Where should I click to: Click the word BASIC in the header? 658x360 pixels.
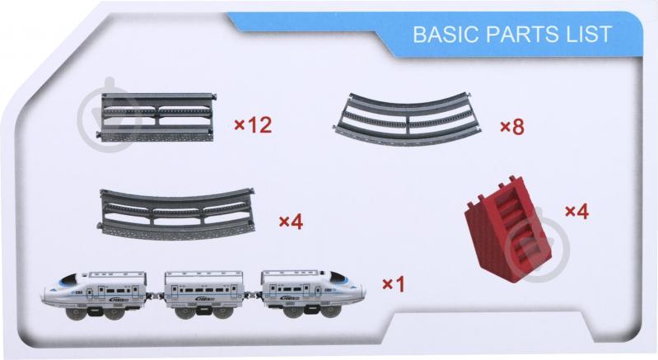pos(446,35)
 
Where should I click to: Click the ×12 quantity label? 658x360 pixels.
pos(253,124)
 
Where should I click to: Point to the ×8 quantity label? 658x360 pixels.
pos(512,127)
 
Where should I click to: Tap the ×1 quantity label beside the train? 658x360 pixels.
pos(394,284)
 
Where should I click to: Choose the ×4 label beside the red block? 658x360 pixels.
pos(577,212)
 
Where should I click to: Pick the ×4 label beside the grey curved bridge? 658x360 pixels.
pos(292,221)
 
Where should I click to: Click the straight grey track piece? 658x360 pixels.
pos(156,118)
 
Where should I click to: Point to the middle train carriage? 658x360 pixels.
pos(204,294)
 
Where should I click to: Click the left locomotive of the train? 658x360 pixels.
pos(94,295)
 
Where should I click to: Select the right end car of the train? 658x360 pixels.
pos(314,294)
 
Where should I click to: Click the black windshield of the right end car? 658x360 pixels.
pos(338,278)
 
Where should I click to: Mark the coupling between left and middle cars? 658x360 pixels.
pos(156,296)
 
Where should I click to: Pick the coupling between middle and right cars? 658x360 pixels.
pos(253,295)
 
